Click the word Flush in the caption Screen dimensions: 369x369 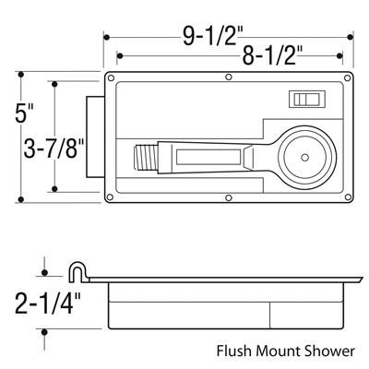[x=235, y=351]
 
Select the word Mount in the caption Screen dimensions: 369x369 [x=275, y=351]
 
